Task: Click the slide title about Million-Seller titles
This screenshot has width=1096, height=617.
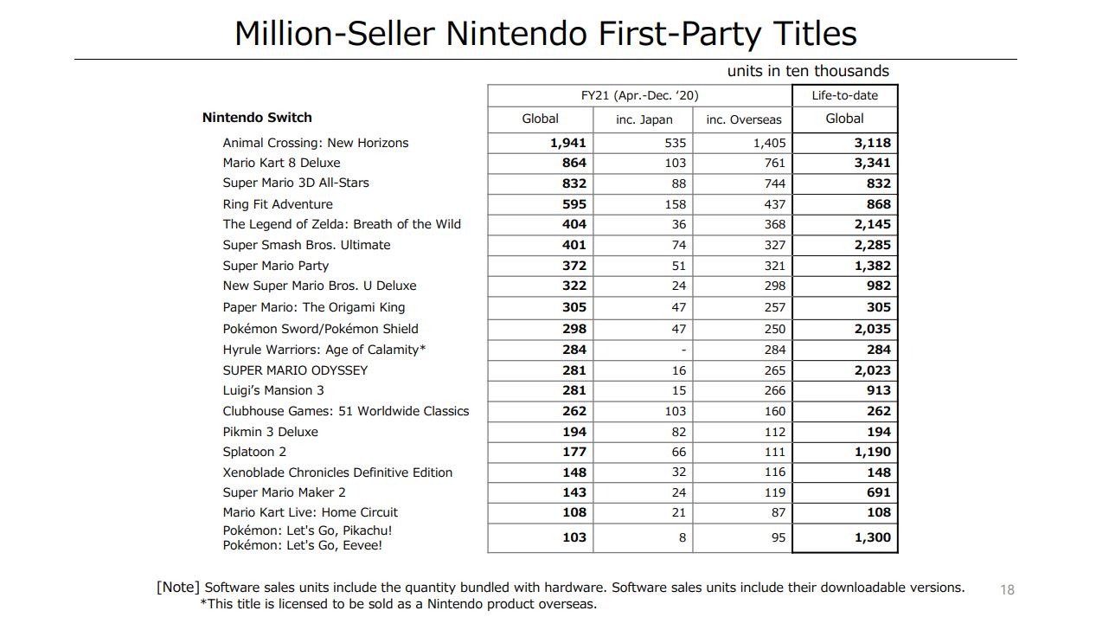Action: pyautogui.click(x=545, y=34)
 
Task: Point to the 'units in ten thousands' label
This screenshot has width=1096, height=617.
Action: pyautogui.click(x=807, y=71)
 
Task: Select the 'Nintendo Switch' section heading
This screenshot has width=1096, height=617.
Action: pyautogui.click(x=257, y=118)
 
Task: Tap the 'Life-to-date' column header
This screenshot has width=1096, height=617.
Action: pyautogui.click(x=844, y=95)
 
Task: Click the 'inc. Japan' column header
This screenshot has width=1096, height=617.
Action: pyautogui.click(x=644, y=119)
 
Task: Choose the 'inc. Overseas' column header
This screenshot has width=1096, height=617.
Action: pyautogui.click(x=743, y=119)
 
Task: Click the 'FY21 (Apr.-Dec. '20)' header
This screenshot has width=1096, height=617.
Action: pyautogui.click(x=639, y=95)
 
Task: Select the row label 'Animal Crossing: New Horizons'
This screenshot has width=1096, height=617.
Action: pyautogui.click(x=315, y=143)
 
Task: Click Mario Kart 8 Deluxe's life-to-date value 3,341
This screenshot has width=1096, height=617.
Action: pyautogui.click(x=872, y=163)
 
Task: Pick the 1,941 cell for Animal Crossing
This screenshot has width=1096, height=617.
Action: pyautogui.click(x=567, y=143)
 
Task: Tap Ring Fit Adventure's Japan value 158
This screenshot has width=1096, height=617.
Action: pyautogui.click(x=675, y=204)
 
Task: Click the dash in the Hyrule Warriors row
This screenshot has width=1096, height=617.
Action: pyautogui.click(x=683, y=350)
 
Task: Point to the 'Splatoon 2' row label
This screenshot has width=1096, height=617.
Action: pyautogui.click(x=254, y=452)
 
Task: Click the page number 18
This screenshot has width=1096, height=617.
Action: pyautogui.click(x=1007, y=589)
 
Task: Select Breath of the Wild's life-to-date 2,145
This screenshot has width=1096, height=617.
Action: pyautogui.click(x=872, y=224)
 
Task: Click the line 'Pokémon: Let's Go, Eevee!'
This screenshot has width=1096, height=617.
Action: pyautogui.click(x=302, y=545)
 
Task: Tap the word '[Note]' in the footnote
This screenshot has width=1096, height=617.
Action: pyautogui.click(x=178, y=587)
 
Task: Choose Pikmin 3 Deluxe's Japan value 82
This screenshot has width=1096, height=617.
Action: pyautogui.click(x=678, y=432)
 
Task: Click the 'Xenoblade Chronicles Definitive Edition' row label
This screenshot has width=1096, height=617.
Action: pyautogui.click(x=337, y=472)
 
